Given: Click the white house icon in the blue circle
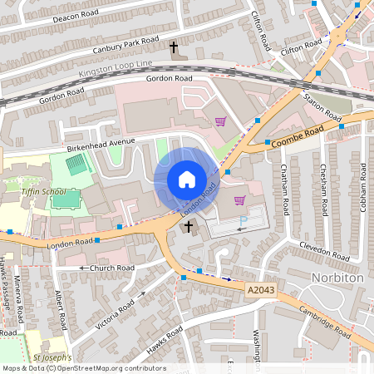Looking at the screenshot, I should coord(187,180).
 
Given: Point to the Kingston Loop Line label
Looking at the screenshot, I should coord(116,69).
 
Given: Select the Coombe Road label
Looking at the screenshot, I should coord(296,136).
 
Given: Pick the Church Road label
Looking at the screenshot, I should coord(107,268).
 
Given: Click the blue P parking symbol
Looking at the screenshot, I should coord(243,220).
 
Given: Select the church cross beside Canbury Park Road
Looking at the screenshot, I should coord(174,47).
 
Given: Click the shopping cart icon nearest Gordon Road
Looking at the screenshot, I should coord(220,121).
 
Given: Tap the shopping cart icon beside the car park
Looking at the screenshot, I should coord(240,200).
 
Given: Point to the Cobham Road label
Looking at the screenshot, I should coord(363,186).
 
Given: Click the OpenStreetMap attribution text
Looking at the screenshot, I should coord(83,368).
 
